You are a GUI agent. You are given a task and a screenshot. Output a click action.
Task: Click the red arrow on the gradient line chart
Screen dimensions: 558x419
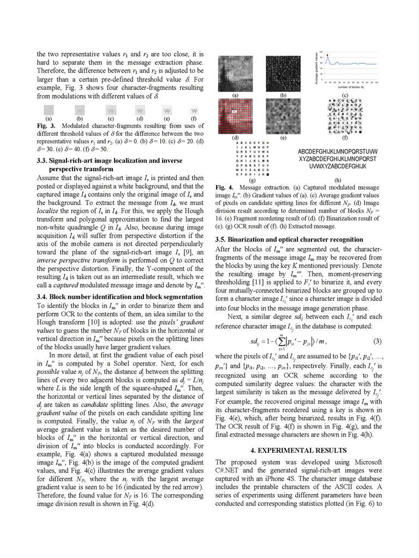pos(329,54)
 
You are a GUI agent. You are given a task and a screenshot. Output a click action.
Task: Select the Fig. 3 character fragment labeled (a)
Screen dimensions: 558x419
pos(49,109)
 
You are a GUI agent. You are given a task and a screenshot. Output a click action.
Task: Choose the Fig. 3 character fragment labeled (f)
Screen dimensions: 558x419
pos(195,109)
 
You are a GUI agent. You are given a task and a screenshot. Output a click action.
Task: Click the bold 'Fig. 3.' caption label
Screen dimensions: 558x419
pos(45,125)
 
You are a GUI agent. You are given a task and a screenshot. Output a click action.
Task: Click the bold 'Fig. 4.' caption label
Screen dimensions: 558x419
pos(224,187)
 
